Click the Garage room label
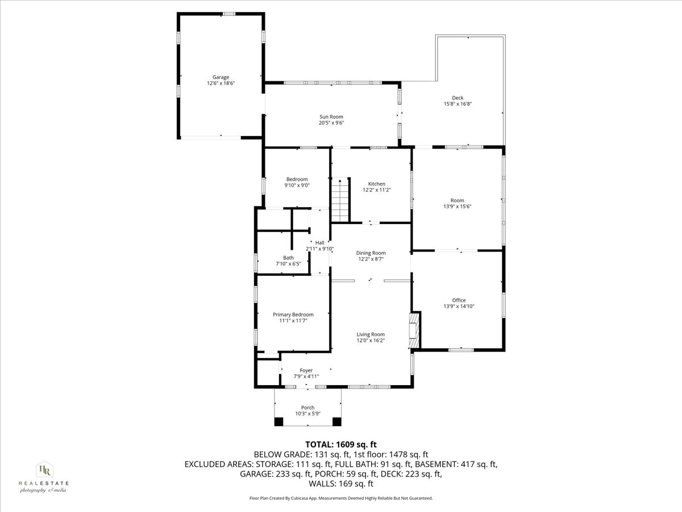point(221,77)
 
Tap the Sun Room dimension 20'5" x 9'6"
point(331,123)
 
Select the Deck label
point(458,98)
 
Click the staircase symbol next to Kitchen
point(339,200)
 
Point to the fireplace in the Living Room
point(415,329)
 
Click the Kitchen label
point(376,184)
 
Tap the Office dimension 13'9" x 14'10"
point(459,307)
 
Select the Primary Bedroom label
point(293,315)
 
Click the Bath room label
point(288,258)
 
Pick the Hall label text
point(319,242)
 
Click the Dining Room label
point(371,253)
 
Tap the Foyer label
point(306,370)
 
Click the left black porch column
point(278,422)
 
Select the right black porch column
point(336,422)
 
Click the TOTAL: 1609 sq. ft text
point(341,444)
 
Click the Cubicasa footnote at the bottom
point(341,498)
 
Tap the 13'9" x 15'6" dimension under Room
point(457,207)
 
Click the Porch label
point(307,407)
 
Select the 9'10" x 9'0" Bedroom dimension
point(297,185)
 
